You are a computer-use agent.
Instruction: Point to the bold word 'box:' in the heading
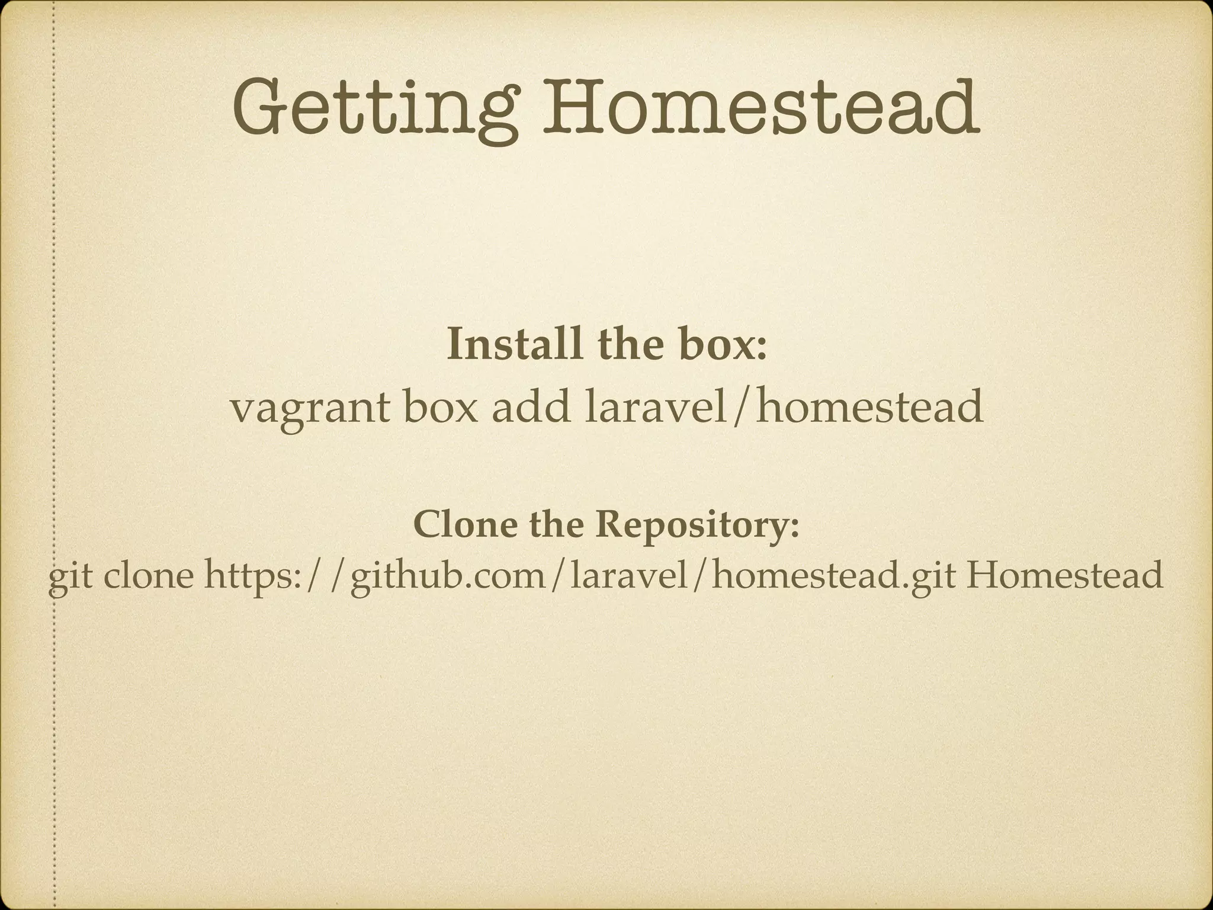[x=723, y=344]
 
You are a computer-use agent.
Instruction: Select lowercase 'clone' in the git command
[x=148, y=575]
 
